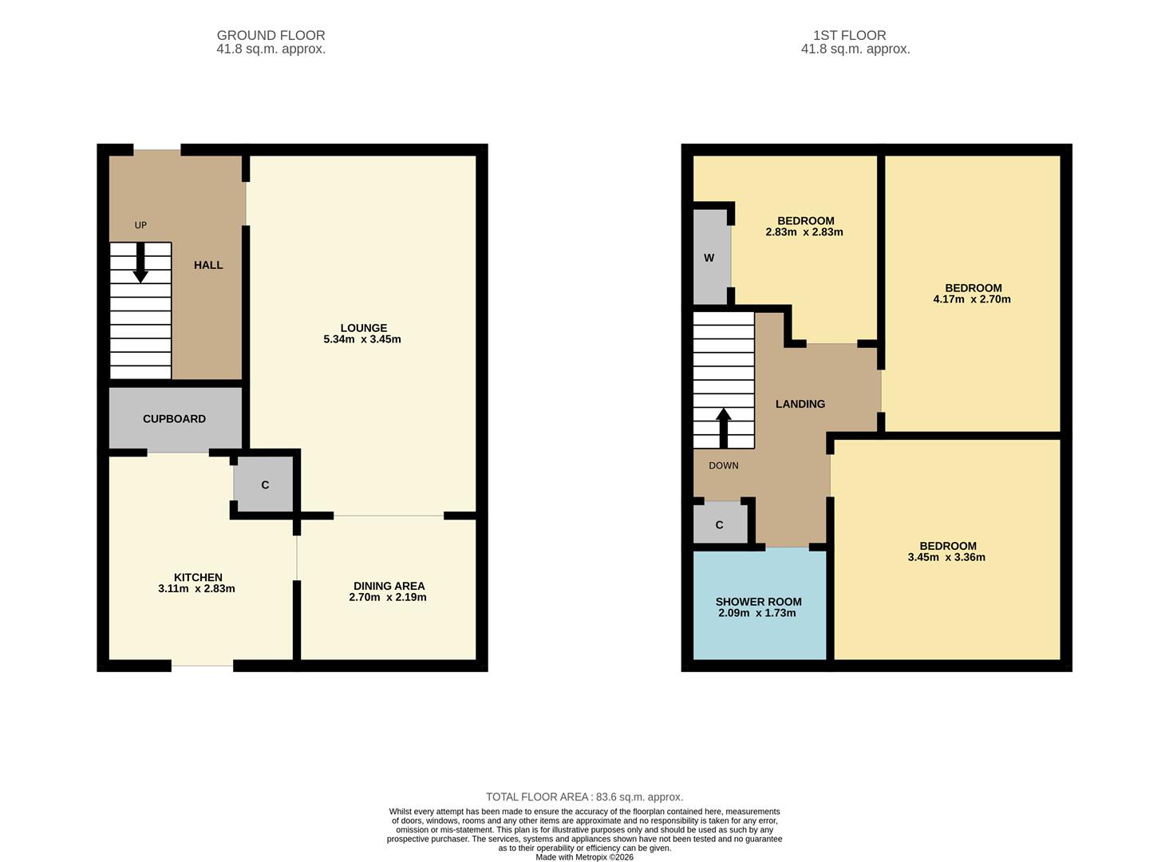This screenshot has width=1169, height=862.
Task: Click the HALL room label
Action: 208,265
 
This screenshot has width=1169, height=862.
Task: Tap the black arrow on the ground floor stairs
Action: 140,263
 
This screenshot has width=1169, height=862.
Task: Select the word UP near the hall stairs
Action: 140,225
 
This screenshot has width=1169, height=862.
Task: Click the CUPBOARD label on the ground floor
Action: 174,419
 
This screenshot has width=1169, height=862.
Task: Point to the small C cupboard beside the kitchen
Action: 265,485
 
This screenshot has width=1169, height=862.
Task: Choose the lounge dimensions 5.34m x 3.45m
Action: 362,339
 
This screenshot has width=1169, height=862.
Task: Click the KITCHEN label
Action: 198,577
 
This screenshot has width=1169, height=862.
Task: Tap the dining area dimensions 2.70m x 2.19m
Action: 388,597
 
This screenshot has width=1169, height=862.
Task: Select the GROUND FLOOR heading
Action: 271,35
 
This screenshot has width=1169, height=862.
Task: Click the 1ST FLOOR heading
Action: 849,35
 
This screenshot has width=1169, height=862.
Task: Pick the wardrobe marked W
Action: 709,258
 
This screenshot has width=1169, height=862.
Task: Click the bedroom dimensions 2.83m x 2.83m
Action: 804,232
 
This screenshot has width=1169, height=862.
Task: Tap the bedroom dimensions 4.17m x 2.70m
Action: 972,299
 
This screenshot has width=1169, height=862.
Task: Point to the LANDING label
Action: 800,404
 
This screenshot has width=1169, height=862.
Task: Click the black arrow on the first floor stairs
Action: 724,428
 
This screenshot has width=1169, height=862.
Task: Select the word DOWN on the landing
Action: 724,465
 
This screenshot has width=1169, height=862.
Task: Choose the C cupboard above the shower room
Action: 720,524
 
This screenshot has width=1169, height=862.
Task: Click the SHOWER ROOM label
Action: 759,602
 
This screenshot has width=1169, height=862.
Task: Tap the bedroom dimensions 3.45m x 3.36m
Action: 946,557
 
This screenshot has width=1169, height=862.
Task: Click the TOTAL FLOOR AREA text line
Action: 584,797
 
